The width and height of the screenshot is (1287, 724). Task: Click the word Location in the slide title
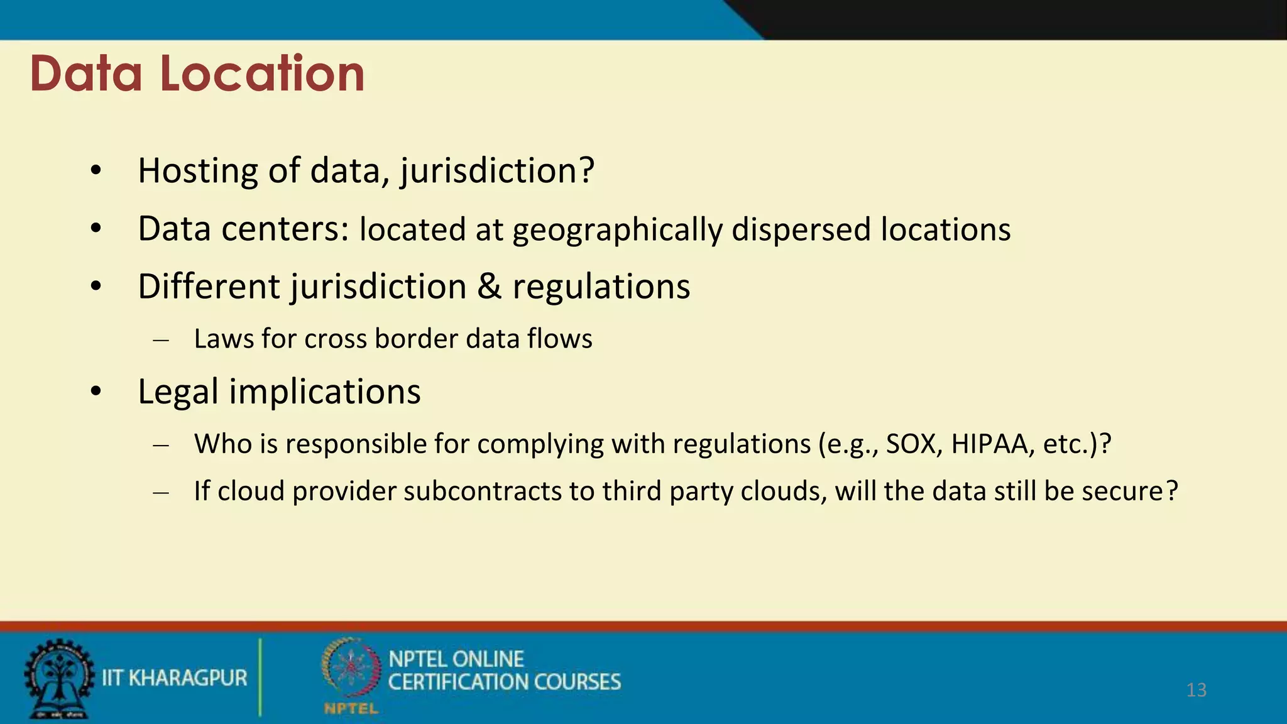[x=262, y=74]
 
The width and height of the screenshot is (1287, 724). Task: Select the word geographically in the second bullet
[x=617, y=230]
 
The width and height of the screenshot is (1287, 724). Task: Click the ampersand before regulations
[x=489, y=287]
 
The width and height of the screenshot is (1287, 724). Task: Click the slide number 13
[x=1196, y=690]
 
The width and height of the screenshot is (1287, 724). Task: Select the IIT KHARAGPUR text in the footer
[x=175, y=678]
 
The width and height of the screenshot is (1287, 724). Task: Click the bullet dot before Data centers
[x=96, y=229]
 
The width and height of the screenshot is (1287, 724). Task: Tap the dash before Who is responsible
[x=161, y=446]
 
